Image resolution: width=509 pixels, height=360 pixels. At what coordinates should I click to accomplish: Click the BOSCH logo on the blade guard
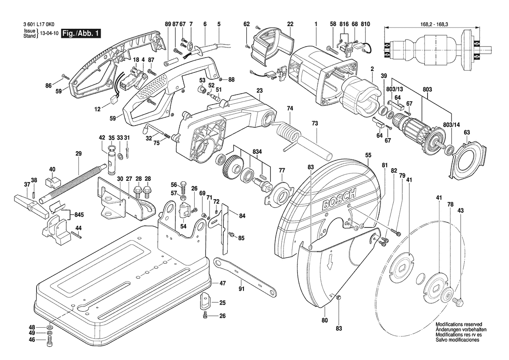pos(339,198)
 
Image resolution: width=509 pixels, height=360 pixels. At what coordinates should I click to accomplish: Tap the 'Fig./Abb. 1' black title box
pos(81,33)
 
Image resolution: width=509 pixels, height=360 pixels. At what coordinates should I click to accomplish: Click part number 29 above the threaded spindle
pos(78,154)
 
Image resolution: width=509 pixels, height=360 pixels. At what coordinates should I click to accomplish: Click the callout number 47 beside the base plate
pos(222,283)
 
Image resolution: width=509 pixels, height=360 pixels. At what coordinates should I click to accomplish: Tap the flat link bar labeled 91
pos(246,275)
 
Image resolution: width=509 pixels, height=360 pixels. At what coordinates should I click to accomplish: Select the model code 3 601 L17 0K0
pos(39,24)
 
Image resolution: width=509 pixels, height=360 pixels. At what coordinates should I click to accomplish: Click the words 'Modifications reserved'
pos(458,324)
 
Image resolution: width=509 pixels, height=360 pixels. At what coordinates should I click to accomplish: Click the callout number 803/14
pos(451,125)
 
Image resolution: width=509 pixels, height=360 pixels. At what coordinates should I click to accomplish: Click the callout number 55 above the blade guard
pos(368,155)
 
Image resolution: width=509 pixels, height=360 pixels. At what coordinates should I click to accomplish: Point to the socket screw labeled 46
pos(49,340)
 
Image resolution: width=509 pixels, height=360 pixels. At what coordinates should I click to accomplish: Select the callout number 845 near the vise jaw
pos(79,215)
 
